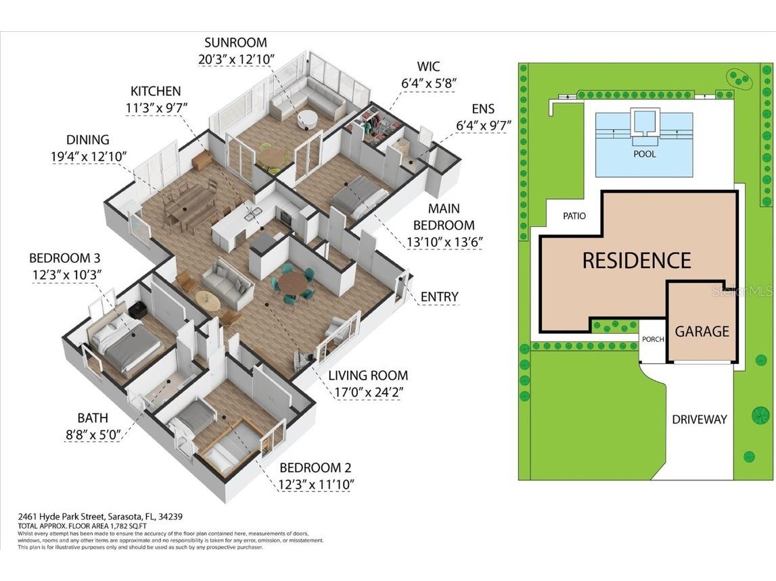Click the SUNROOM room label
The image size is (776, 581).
tap(236, 43)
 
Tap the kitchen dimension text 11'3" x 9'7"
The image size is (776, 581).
tap(156, 107)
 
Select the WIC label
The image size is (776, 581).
tap(428, 66)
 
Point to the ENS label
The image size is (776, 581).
tap(483, 108)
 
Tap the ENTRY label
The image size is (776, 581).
tap(439, 297)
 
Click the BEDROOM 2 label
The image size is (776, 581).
tap(315, 468)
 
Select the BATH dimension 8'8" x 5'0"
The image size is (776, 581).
tap(93, 436)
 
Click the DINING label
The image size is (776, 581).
tap(87, 140)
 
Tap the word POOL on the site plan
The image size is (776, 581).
tap(644, 154)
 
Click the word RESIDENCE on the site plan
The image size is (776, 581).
tap(637, 260)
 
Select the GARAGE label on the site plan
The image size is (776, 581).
tap(702, 331)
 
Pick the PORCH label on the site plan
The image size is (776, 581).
tap(653, 339)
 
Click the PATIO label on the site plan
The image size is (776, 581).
tap(574, 216)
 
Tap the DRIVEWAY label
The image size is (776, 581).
tap(700, 420)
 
